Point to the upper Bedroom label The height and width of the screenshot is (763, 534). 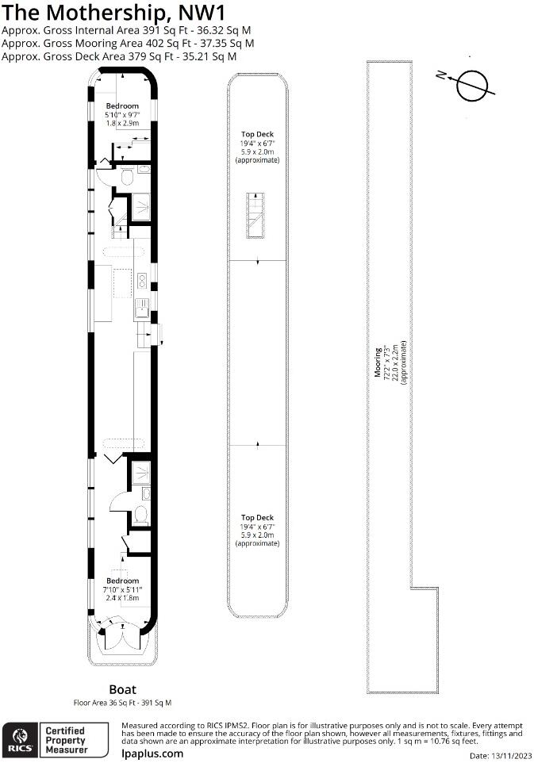point(122,106)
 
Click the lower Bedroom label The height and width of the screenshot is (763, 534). point(122,581)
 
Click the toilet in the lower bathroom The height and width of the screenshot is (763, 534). point(140,516)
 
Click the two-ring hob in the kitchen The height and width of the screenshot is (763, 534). point(141,280)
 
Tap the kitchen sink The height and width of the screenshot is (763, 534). point(141,306)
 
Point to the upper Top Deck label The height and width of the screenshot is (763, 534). point(257,135)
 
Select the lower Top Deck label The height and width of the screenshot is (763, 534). point(257,517)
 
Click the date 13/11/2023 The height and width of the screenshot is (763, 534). point(511,755)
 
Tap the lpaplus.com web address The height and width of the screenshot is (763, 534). point(152,753)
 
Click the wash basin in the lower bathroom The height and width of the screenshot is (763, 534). point(146,493)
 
